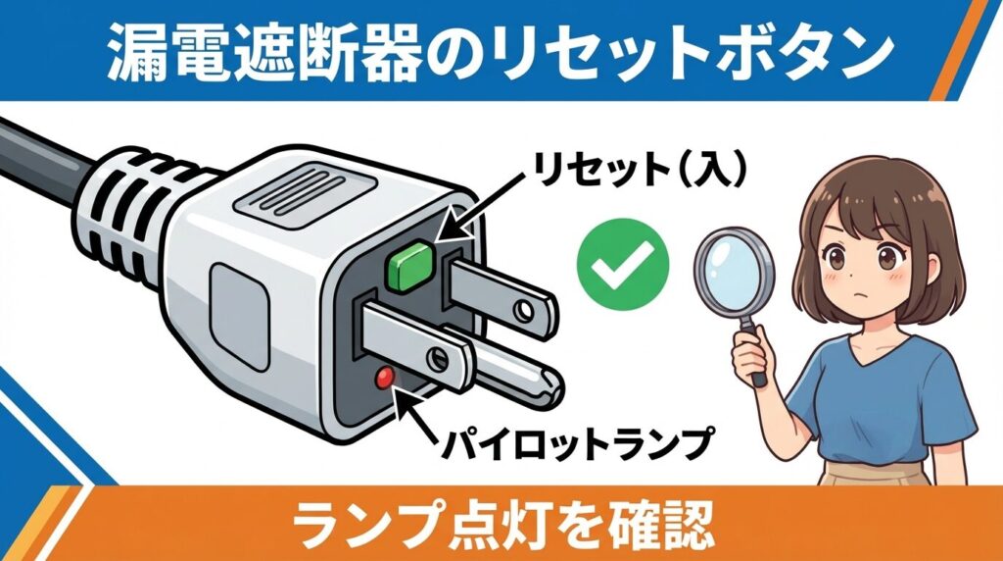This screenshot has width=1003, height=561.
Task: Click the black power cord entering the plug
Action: click(x=44, y=162)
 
